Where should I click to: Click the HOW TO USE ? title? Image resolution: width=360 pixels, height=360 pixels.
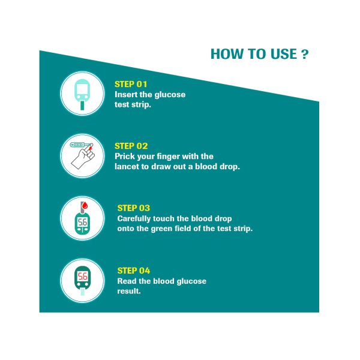[260, 54]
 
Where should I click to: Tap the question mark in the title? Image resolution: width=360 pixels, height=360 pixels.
[305, 55]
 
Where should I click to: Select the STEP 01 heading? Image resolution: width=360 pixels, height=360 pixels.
[131, 84]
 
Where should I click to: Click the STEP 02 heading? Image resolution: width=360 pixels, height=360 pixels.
[131, 146]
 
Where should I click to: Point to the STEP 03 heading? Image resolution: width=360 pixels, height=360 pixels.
[134, 208]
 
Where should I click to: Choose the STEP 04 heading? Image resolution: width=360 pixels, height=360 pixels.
[134, 271]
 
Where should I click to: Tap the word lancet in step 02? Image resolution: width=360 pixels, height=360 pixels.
[127, 166]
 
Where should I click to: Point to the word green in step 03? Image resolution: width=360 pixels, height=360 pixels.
[161, 229]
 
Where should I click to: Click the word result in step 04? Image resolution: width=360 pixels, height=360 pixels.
[129, 291]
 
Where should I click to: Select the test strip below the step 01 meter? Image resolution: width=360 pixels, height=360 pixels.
[82, 106]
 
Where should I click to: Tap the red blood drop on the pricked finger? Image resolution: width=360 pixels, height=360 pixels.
[91, 148]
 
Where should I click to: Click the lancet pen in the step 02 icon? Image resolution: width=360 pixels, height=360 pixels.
[81, 145]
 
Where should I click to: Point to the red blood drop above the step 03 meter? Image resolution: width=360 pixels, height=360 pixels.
[85, 205]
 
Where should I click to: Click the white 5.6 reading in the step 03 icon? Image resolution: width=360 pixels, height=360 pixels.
[82, 222]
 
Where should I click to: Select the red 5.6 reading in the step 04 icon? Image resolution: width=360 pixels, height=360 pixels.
[82, 276]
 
